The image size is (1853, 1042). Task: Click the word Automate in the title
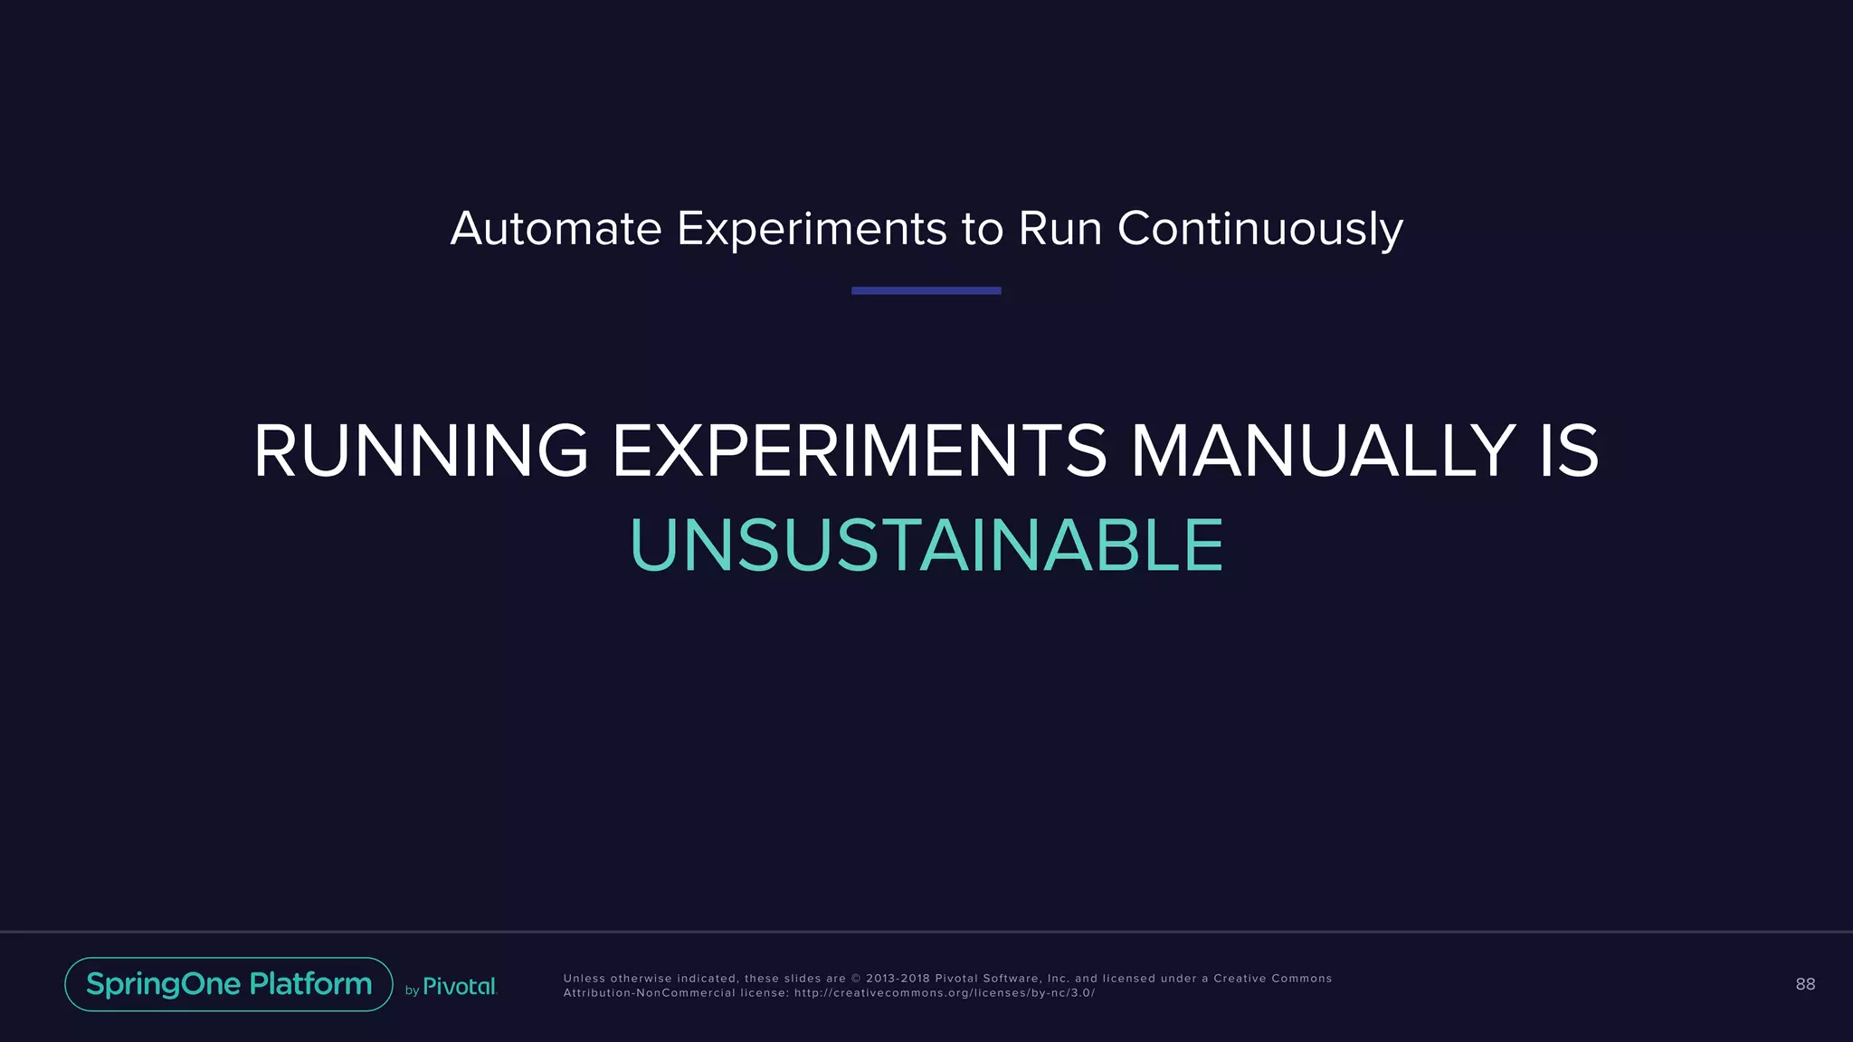click(x=556, y=229)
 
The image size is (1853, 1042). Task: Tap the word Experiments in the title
click(x=812, y=229)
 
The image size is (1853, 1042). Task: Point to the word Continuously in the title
click(x=1259, y=229)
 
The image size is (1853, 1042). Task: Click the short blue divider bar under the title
click(x=926, y=290)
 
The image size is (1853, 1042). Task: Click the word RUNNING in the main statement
click(x=421, y=451)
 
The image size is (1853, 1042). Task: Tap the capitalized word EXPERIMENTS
click(x=859, y=451)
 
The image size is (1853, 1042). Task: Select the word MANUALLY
click(x=1323, y=451)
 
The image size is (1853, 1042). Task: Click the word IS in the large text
click(x=1568, y=451)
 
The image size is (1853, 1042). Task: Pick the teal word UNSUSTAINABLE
click(x=926, y=545)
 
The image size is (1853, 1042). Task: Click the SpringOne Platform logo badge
click(x=229, y=984)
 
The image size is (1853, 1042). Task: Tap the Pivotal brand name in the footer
click(x=460, y=987)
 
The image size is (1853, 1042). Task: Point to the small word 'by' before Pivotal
click(x=412, y=990)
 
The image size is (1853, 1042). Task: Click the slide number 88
click(x=1805, y=984)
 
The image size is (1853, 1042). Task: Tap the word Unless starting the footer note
click(x=584, y=979)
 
